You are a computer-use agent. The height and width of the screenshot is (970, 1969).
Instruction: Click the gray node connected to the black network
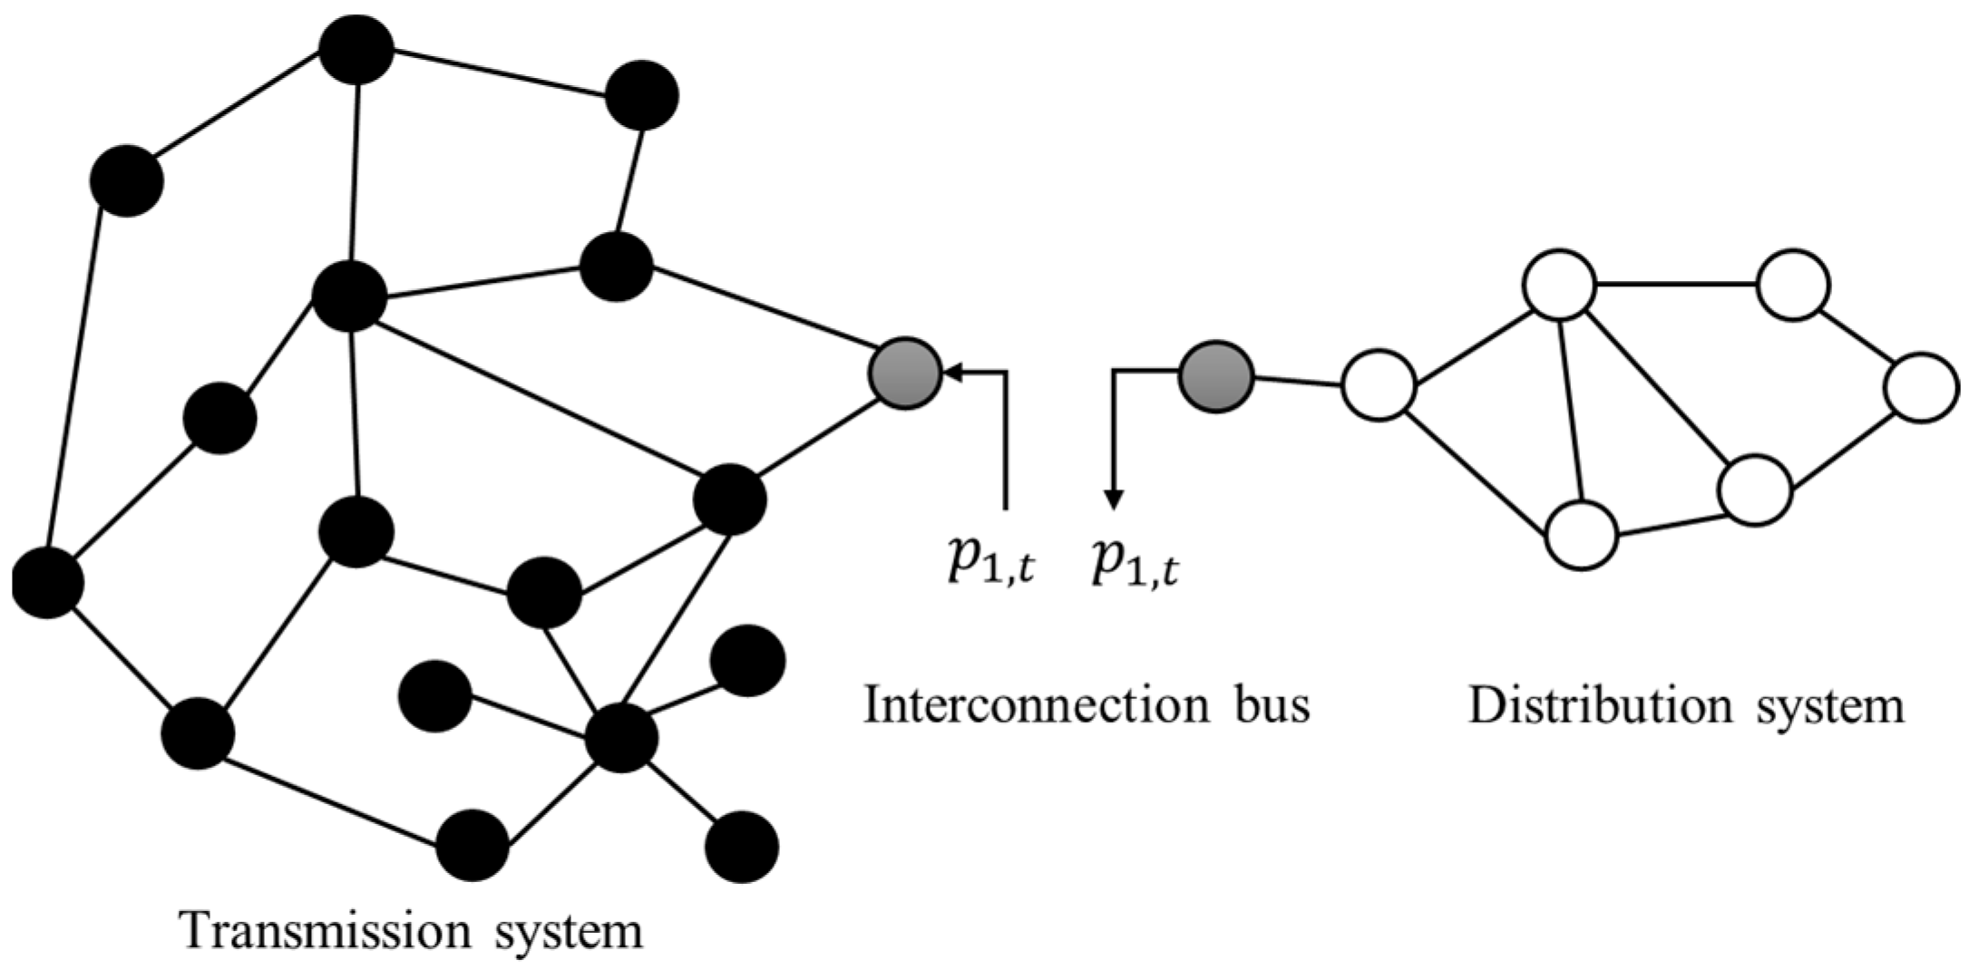(x=905, y=373)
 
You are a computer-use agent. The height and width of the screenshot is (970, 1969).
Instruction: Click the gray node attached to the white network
(x=1216, y=376)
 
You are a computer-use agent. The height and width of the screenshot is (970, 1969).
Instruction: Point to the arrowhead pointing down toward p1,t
(x=1114, y=500)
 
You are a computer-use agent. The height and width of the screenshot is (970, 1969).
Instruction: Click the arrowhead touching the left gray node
(x=953, y=372)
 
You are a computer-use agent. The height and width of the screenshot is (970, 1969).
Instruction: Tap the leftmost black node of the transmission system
(x=47, y=583)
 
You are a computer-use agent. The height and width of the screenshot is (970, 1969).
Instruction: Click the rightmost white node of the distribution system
(x=1921, y=387)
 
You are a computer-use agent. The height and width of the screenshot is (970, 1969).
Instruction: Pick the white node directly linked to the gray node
(x=1379, y=385)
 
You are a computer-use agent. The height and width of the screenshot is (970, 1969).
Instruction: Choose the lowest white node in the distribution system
(x=1581, y=535)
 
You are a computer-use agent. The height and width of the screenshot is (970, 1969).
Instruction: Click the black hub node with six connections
(x=621, y=738)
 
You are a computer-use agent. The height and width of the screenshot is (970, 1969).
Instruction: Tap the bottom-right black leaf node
(x=741, y=847)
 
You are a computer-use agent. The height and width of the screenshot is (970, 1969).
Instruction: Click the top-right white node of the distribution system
(x=1793, y=285)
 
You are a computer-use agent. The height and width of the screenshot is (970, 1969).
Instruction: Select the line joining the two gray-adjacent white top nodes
(x=1676, y=285)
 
